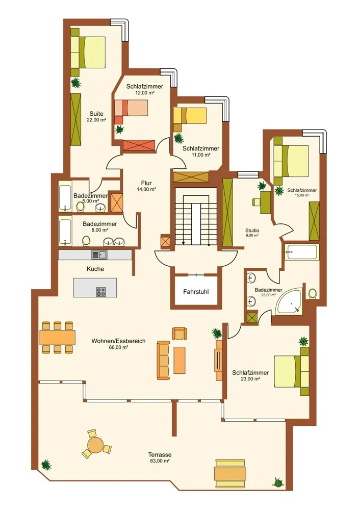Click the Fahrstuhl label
pos(196,292)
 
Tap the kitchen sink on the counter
pos(99,254)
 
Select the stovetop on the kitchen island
pos(101,292)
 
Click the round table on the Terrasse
pos(95,445)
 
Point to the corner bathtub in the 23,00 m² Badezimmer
pos(289,301)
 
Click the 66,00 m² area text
pos(118,347)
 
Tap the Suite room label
pos(96,114)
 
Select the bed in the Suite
pos(88,53)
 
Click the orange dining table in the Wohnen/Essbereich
pos(58,338)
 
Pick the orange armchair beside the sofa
pos(179,334)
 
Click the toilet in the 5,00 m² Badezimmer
pos(80,206)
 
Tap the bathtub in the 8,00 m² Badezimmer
pos(65,232)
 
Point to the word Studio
pos(252,231)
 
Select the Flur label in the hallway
pos(146,183)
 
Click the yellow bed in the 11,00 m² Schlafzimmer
pos(190,115)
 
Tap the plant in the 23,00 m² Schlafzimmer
pos(303,341)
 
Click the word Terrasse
pos(160,455)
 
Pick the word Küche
pos(95,269)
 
